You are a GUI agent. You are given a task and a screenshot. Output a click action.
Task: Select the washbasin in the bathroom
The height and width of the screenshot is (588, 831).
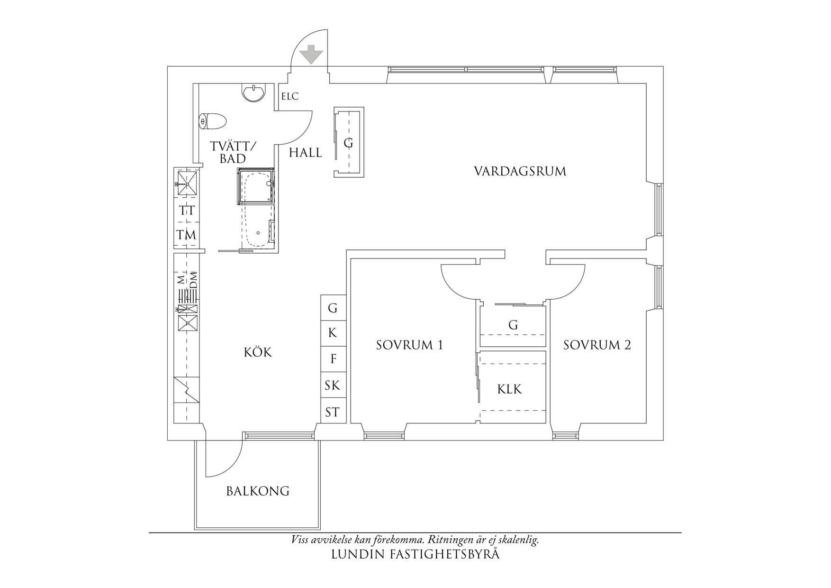click(254, 92)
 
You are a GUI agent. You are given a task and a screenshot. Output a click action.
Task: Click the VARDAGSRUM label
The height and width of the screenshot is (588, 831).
click(520, 171)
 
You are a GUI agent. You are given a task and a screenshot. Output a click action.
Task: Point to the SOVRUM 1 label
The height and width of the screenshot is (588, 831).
click(409, 345)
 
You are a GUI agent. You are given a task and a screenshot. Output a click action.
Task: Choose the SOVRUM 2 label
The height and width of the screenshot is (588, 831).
click(597, 345)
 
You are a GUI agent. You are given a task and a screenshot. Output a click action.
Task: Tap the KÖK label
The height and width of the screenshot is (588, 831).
click(258, 352)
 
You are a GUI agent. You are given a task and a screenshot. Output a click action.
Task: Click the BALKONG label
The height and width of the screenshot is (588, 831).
click(258, 491)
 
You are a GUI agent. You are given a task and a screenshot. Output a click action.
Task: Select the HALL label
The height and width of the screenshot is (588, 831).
click(306, 153)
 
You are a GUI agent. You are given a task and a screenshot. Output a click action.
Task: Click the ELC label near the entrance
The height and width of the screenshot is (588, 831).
click(290, 96)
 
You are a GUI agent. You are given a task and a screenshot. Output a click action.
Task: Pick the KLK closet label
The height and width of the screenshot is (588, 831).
click(510, 389)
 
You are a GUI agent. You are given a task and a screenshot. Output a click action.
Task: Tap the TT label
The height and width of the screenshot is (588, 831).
click(187, 211)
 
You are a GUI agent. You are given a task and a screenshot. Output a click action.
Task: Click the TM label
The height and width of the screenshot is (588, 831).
click(187, 235)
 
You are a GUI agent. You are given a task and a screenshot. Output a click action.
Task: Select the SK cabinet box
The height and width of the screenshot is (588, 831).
click(333, 386)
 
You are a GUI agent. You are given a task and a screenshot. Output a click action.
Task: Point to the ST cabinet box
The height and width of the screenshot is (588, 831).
click(333, 411)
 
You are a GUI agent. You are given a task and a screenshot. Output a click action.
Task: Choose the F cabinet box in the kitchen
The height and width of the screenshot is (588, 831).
click(333, 359)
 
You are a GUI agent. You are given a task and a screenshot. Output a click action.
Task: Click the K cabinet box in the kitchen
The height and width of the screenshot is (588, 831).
click(333, 334)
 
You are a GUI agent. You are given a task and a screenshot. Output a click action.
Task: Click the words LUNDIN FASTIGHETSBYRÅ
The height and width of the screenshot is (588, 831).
click(415, 554)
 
